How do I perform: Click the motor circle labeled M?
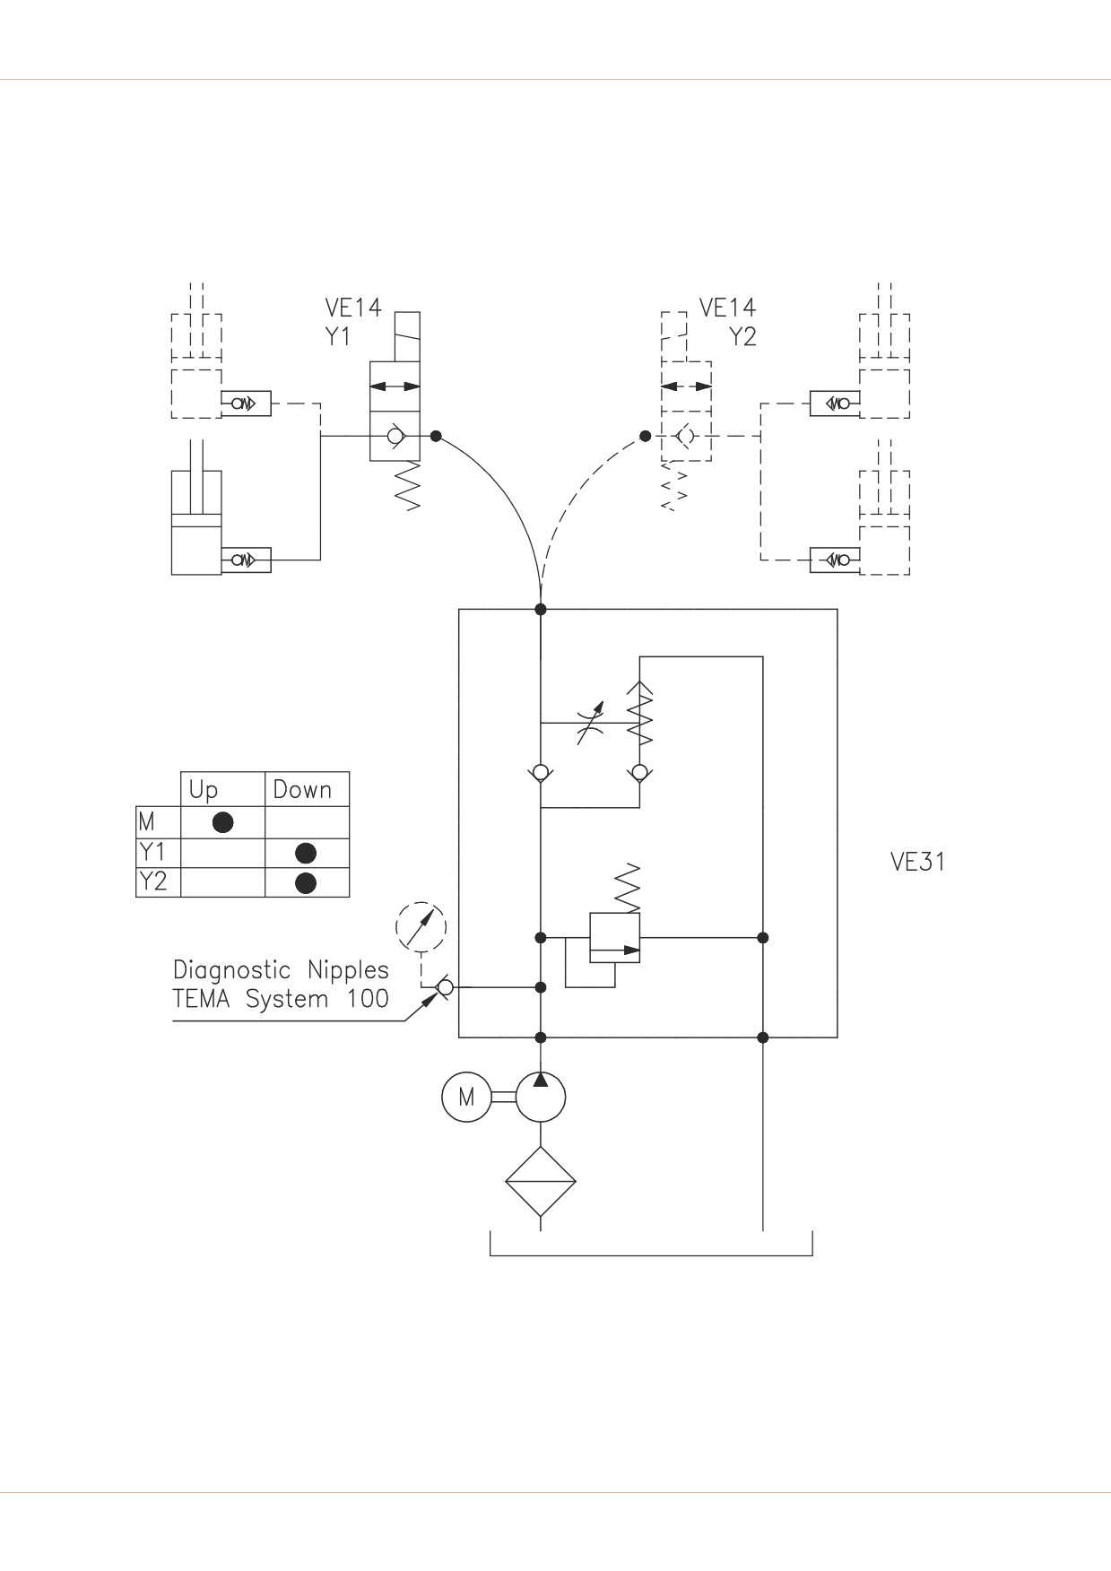pos(466,1097)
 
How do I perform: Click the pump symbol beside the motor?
pos(540,1097)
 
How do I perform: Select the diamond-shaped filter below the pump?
pos(540,1181)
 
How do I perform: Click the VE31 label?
pos(917,862)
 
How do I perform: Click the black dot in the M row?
pos(222,821)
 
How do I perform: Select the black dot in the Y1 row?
pos(306,852)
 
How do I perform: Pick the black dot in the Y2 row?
pos(306,882)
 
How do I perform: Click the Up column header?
pos(204,790)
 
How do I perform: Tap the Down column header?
pos(302,789)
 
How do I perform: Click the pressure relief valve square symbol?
pos(614,938)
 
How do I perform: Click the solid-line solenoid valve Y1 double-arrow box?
pos(395,386)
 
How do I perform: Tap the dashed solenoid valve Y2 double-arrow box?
pos(687,386)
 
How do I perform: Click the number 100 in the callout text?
pos(368,999)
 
